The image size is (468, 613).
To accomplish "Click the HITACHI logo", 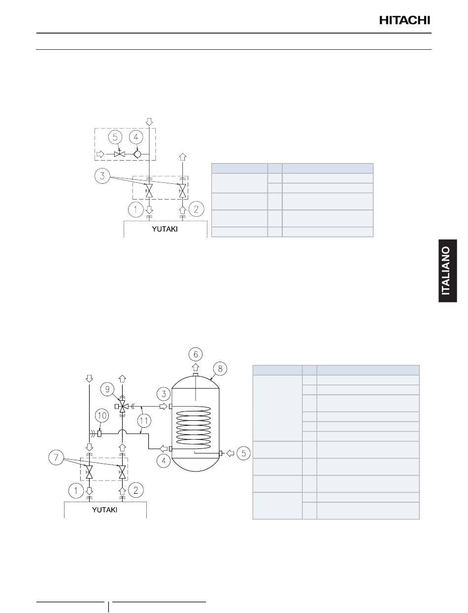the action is [404, 20].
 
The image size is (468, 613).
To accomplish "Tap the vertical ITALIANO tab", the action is [447, 271].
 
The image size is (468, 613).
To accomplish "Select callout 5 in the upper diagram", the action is [115, 137].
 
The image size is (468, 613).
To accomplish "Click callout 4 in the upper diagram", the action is [136, 137].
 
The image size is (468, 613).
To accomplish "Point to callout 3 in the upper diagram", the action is [102, 176].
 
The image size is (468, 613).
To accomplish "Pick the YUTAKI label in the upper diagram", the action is [165, 229].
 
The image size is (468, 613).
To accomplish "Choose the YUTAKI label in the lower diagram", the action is [104, 510].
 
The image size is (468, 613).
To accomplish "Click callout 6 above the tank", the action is [196, 354].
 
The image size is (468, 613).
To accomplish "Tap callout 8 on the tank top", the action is [220, 369].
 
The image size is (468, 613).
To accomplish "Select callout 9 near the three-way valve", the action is [107, 389].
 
